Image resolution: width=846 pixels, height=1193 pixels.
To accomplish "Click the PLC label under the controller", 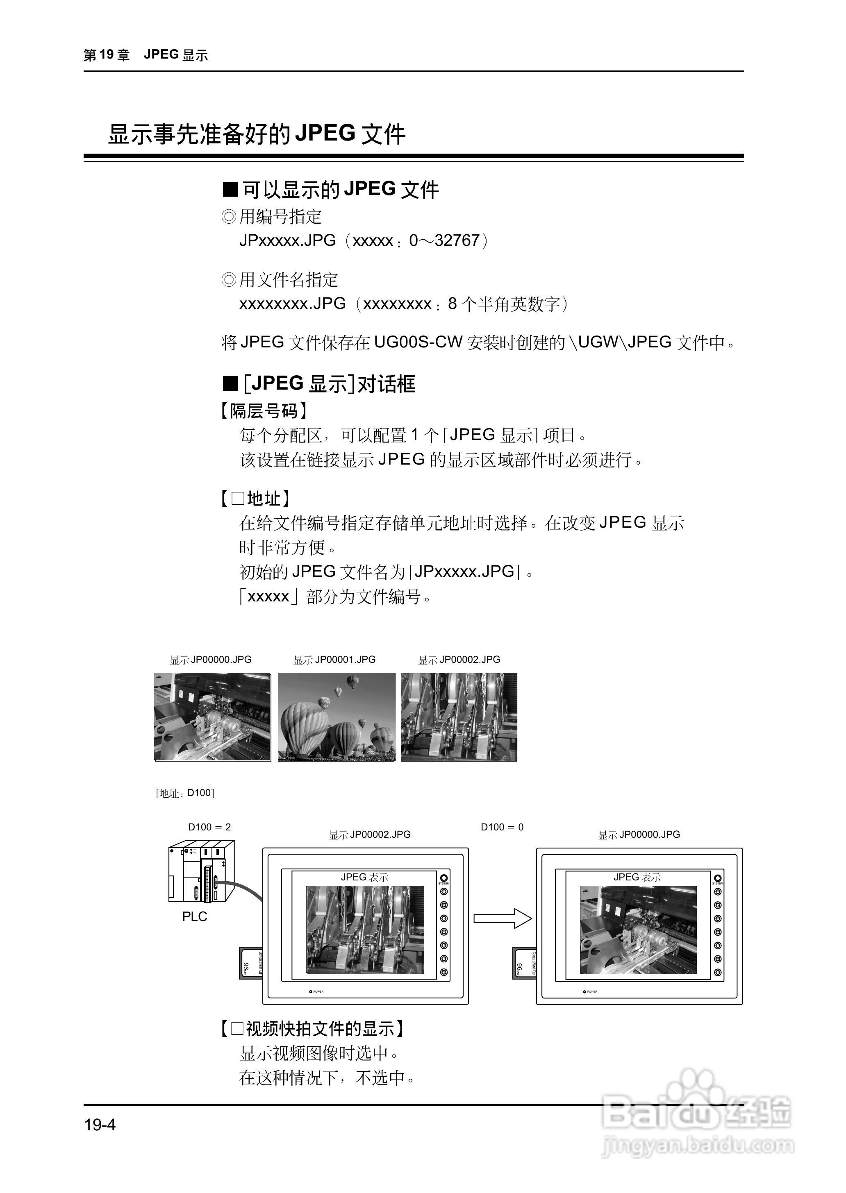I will [x=194, y=916].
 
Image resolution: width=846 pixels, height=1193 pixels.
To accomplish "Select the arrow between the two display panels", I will [x=502, y=918].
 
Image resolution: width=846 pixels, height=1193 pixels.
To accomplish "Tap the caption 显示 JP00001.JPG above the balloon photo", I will [x=334, y=660].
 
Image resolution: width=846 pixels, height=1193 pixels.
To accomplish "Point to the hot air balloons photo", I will [x=337, y=717].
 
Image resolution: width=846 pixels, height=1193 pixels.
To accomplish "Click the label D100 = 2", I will [x=209, y=827].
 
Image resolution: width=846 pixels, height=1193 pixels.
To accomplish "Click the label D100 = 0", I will [x=502, y=827].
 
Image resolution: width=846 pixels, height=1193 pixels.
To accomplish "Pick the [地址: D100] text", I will [x=185, y=793].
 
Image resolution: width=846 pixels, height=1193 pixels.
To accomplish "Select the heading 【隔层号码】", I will [x=264, y=411].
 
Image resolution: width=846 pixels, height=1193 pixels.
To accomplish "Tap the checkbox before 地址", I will [x=238, y=498].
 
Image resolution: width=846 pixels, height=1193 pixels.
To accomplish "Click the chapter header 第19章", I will [x=106, y=55].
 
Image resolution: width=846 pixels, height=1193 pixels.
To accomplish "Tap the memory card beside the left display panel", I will [x=250, y=963].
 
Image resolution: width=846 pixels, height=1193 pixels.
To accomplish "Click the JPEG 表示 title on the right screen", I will [x=637, y=877].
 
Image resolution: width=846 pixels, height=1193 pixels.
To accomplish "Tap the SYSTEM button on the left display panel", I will [x=444, y=878].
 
